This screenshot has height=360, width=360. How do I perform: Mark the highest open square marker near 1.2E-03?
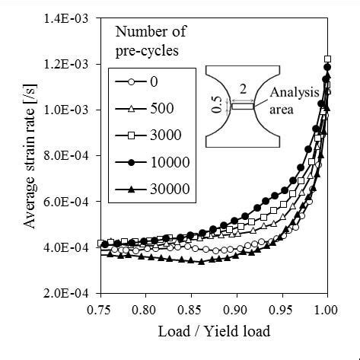pos(327,59)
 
